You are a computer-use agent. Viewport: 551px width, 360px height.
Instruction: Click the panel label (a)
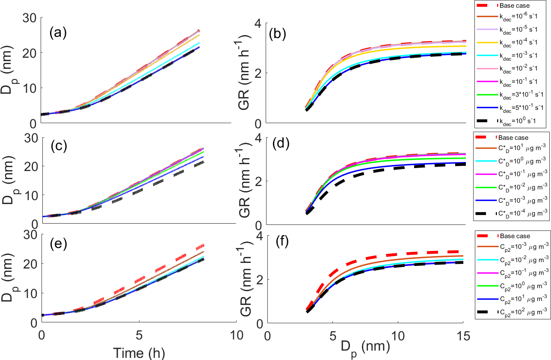[x=58, y=33]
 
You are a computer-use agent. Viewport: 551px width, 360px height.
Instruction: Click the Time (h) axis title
[x=139, y=353]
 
